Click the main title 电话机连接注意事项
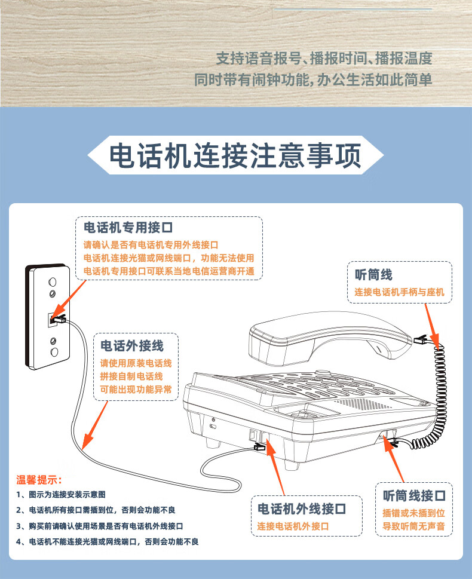click(x=235, y=156)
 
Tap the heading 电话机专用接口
click(x=128, y=228)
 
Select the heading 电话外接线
click(x=131, y=345)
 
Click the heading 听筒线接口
click(x=415, y=495)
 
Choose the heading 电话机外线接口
click(x=302, y=509)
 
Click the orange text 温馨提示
click(x=39, y=479)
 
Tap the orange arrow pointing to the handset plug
click(x=430, y=325)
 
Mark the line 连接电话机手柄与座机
click(x=399, y=293)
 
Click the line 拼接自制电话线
click(x=131, y=376)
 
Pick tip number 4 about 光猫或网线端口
click(x=108, y=541)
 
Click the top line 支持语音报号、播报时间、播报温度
click(x=324, y=59)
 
